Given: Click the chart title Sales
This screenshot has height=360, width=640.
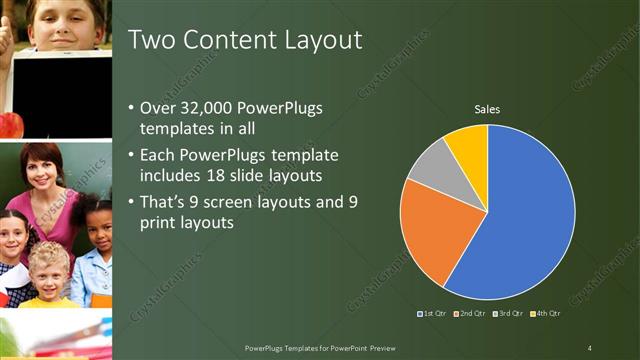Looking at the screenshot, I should point(487,109).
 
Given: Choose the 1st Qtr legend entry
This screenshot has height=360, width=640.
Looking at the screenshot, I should point(432,314).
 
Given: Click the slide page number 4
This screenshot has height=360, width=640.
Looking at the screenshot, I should point(590,347).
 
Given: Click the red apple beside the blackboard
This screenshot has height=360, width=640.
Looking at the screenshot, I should point(9,124).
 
